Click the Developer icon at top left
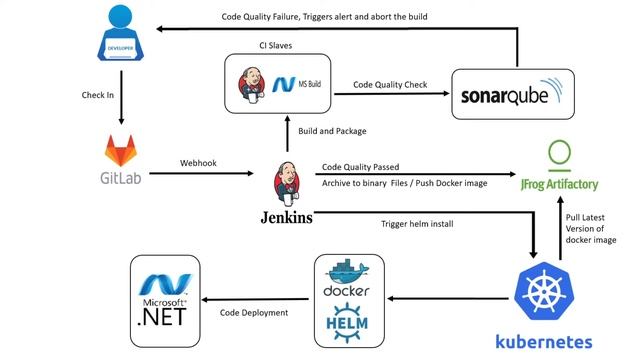tap(121, 35)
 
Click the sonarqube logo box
tap(516, 95)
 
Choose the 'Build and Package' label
tap(332, 131)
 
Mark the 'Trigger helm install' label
tap(417, 223)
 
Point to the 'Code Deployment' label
tap(254, 313)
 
